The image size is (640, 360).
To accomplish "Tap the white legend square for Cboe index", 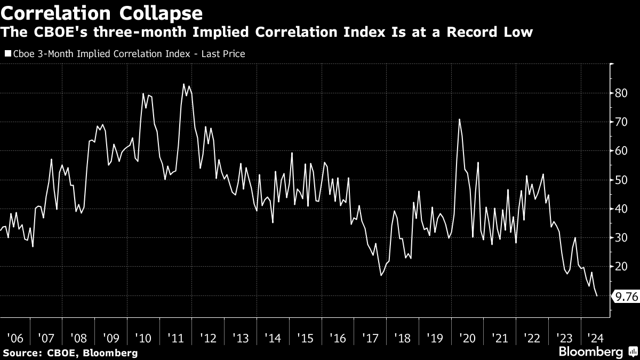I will point(7,53).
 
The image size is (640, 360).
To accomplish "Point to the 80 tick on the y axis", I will point(621,93).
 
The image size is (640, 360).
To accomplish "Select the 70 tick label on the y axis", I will point(621,122).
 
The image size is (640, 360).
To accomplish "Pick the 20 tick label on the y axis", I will point(621,266).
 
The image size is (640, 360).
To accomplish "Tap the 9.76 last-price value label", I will point(627,296).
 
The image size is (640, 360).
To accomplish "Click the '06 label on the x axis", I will point(14,338).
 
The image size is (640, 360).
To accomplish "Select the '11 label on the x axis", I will point(175,338).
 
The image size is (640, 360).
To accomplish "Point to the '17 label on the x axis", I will point(369,338).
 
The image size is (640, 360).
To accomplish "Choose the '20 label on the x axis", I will point(466,338).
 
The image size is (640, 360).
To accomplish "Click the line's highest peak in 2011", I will point(183,84).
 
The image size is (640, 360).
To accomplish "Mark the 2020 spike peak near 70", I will point(459,119).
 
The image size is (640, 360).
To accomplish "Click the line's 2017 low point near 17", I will point(381,275).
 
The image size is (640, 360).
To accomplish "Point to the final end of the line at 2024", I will point(597,295).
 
